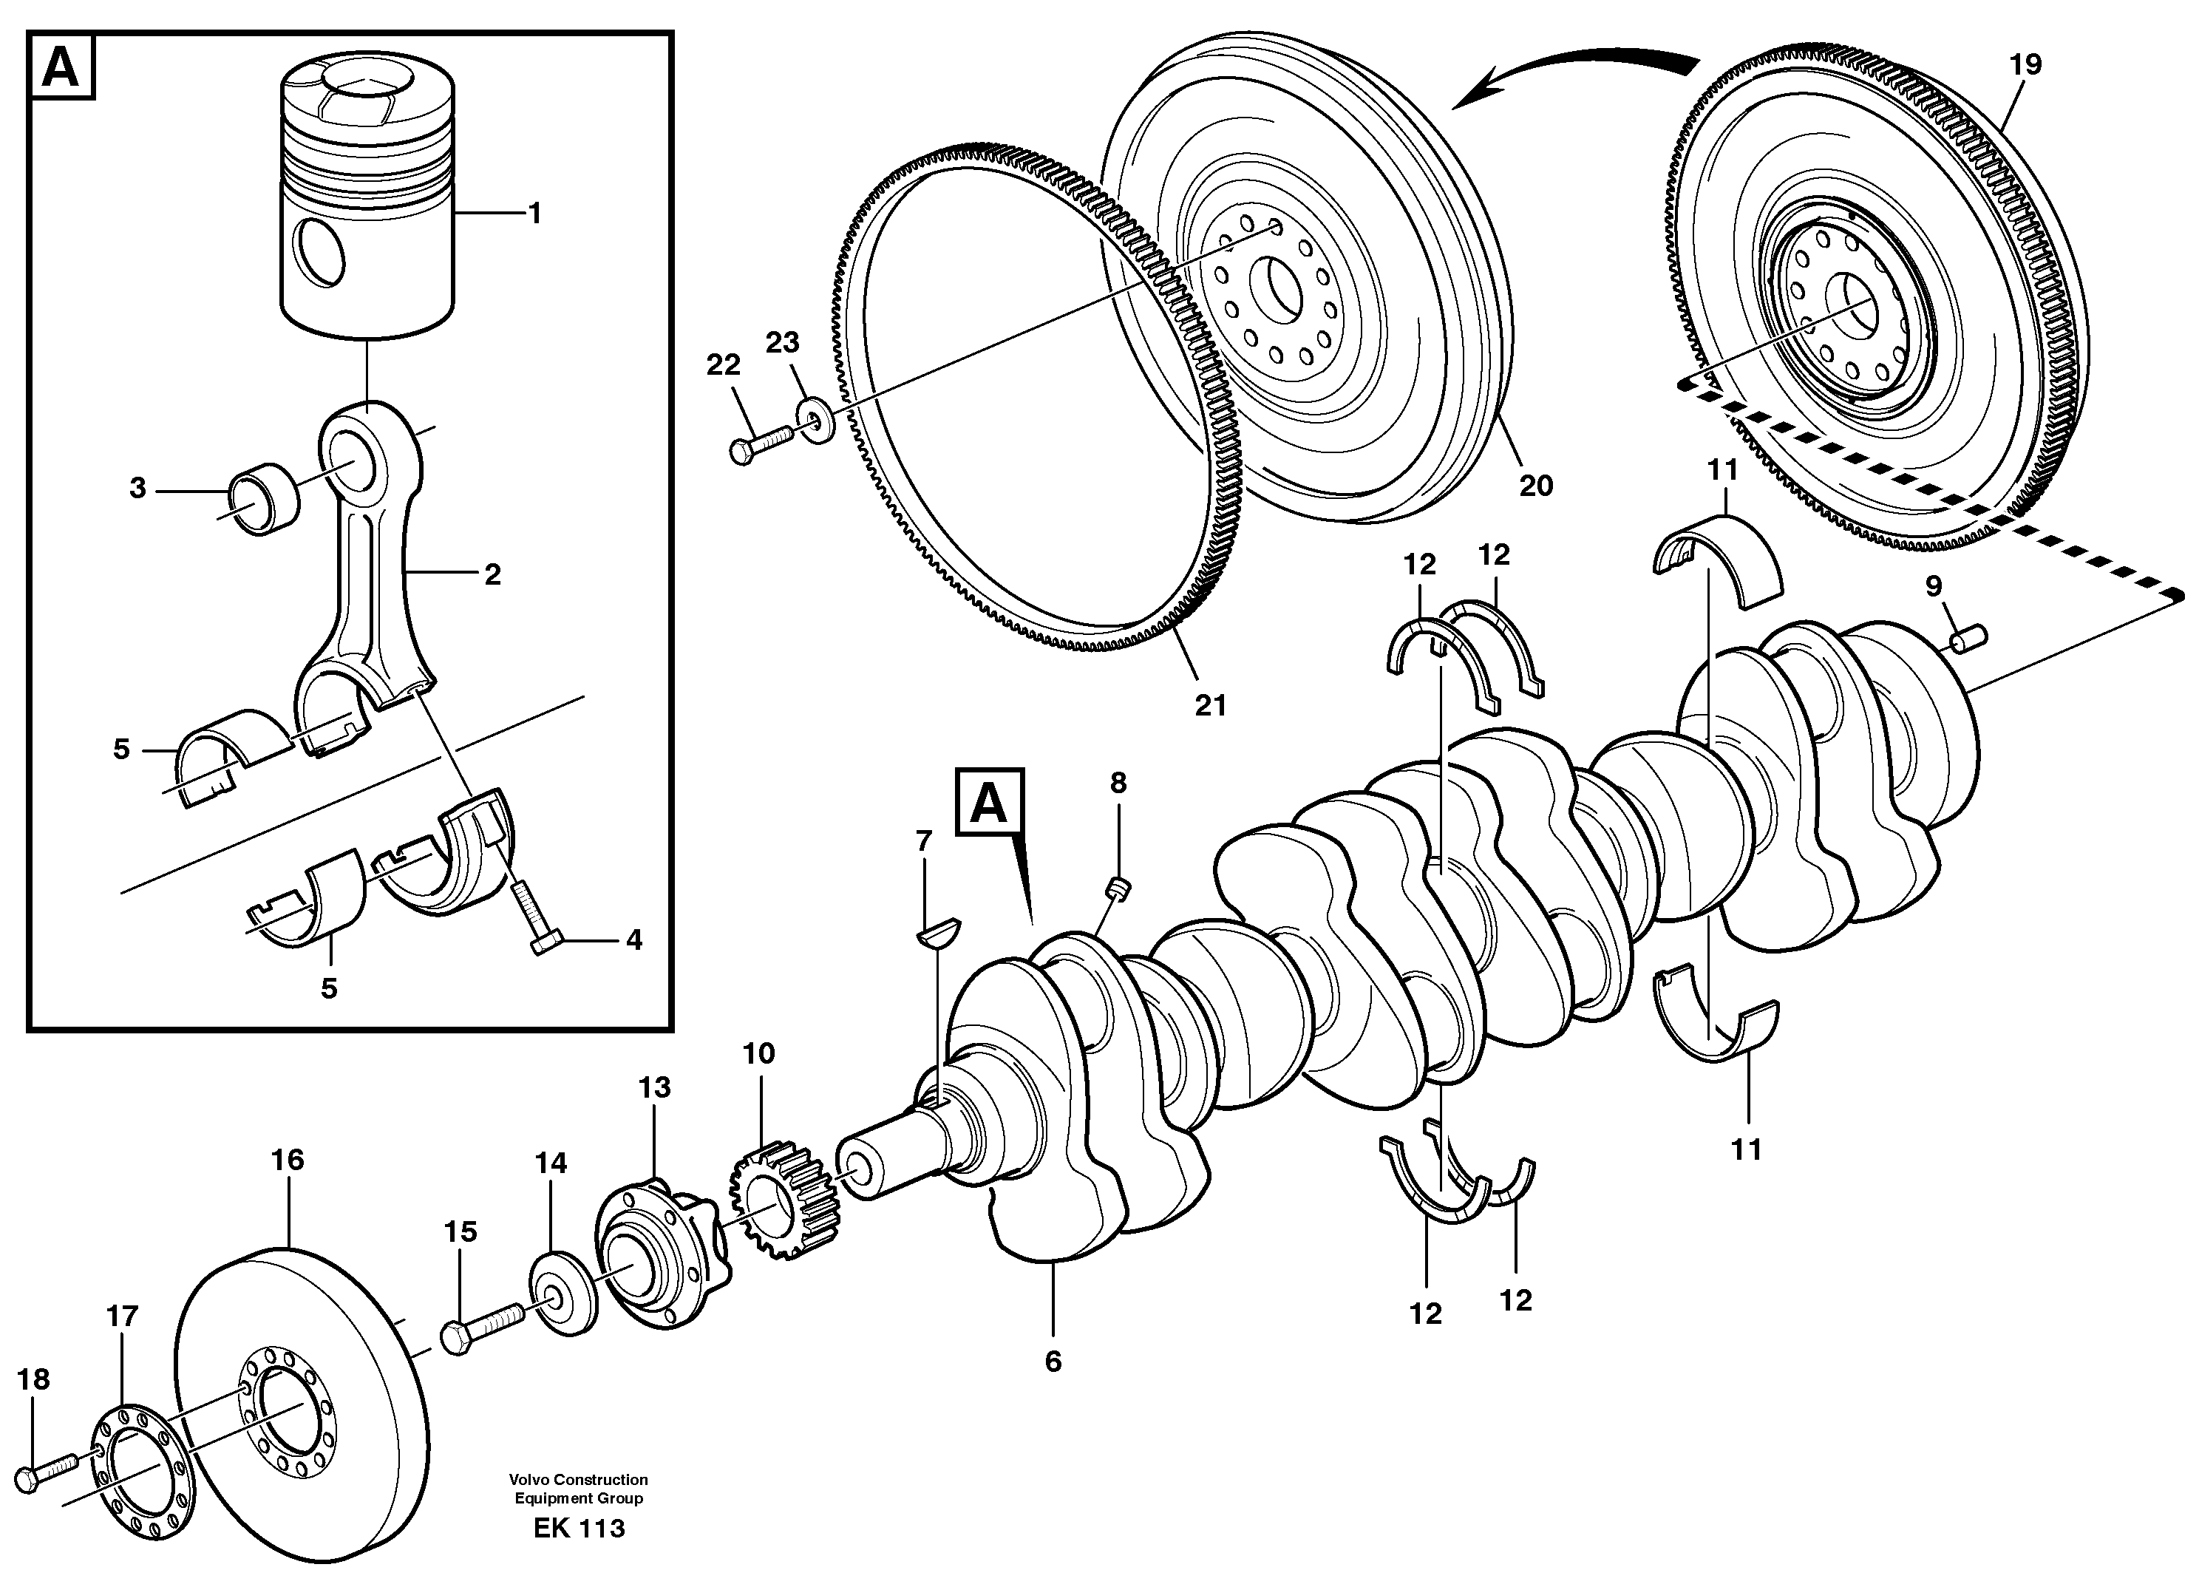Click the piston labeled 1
[368, 208]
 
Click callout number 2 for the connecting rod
[492, 575]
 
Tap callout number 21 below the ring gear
[1211, 706]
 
